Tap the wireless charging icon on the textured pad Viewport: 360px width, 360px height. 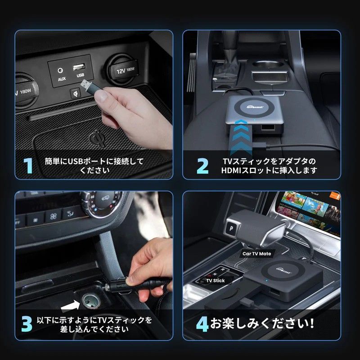tap(96, 136)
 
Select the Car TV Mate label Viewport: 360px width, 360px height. tap(257, 254)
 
